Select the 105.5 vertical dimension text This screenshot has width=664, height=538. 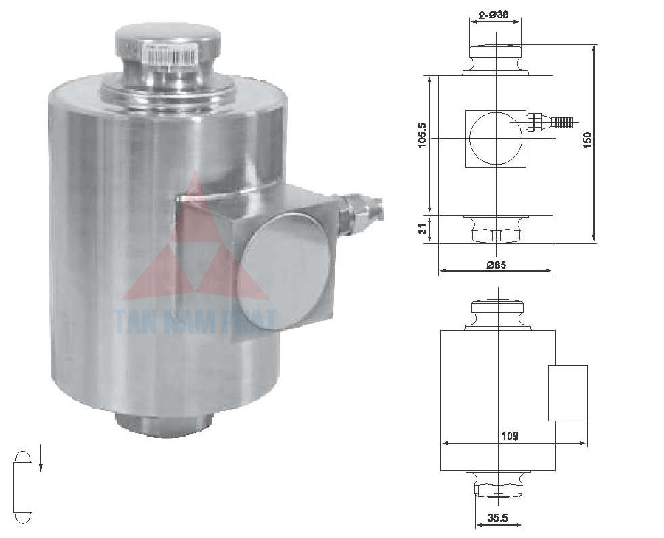(x=422, y=134)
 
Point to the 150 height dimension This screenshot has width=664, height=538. (x=587, y=140)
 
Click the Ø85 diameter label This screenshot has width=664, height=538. (x=496, y=263)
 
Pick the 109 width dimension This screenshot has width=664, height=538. (x=508, y=436)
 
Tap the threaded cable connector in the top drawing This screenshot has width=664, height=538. (x=552, y=121)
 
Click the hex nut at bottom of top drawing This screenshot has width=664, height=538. (x=497, y=235)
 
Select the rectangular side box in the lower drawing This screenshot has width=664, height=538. (x=567, y=393)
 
